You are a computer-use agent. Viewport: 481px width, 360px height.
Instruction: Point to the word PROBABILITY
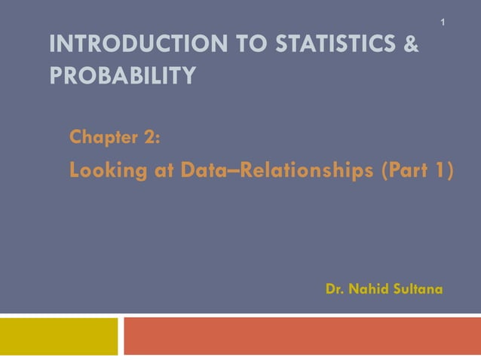pos(121,76)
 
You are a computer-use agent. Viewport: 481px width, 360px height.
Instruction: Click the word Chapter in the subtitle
pos(102,138)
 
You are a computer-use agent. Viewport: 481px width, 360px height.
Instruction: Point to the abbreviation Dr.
pos(335,289)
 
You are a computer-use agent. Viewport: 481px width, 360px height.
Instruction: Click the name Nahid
pos(369,289)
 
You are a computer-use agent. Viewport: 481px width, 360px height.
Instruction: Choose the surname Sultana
pos(418,289)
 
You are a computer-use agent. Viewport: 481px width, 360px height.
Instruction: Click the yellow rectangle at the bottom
pos(59,336)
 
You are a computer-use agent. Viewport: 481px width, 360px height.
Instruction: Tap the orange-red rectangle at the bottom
pos(302,336)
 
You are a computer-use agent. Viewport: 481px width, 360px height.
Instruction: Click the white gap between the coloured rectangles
pos(121,336)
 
